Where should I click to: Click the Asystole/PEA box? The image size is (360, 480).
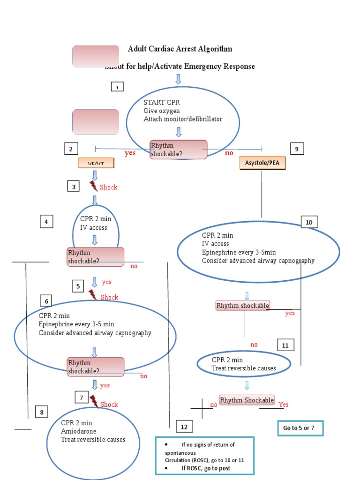tap(262, 163)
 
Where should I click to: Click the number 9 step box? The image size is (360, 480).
tap(297, 149)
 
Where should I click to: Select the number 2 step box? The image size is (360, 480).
tap(71, 149)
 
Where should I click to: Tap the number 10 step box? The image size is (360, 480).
tap(309, 222)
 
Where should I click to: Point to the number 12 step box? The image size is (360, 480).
tap(184, 427)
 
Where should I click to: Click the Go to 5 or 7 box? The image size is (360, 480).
tap(300, 428)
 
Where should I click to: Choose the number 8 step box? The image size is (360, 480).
tap(42, 412)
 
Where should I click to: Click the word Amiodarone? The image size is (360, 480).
tap(78, 431)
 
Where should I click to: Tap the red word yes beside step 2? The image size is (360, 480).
tap(130, 153)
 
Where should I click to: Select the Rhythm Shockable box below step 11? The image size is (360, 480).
tap(247, 400)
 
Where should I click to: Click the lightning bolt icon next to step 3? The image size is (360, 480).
tap(94, 186)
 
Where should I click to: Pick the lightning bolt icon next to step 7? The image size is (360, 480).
tap(94, 402)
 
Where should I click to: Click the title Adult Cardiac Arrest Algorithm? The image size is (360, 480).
tap(180, 49)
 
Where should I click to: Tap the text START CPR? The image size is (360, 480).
tap(162, 102)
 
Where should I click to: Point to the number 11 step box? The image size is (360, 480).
tap(285, 345)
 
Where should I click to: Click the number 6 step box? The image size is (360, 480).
tap(46, 300)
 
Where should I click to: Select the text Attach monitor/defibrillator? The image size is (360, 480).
tap(183, 119)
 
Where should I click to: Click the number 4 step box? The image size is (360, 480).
tap(46, 221)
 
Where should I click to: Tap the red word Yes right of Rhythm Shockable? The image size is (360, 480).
tap(284, 405)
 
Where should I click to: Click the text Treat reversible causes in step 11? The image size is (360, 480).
tap(244, 368)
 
